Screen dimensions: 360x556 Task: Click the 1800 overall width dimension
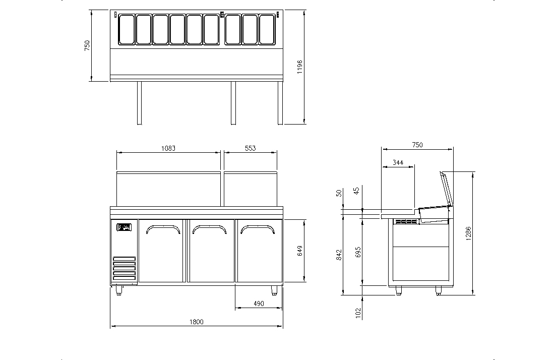pos(197,322)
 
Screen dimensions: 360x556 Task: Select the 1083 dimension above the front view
pos(168,148)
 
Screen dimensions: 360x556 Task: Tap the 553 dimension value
pos(250,148)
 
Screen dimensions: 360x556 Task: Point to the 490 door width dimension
pos(259,304)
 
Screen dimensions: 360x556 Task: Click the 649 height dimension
pos(300,251)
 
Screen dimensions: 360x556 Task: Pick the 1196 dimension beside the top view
pos(300,67)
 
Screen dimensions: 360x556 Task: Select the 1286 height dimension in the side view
pos(468,233)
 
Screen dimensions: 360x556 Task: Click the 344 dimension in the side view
pos(398,162)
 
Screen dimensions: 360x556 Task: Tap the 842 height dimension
pos(339,255)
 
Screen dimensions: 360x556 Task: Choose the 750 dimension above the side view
pos(417,145)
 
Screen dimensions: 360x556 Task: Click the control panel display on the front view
pos(124,227)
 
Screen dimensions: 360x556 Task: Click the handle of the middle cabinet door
pos(211,229)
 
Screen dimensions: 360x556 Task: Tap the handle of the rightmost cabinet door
pos(258,229)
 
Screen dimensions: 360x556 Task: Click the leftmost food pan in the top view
pos(126,29)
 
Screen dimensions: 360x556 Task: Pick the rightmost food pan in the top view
pos(267,29)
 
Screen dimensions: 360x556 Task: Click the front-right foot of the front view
pos(275,290)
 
